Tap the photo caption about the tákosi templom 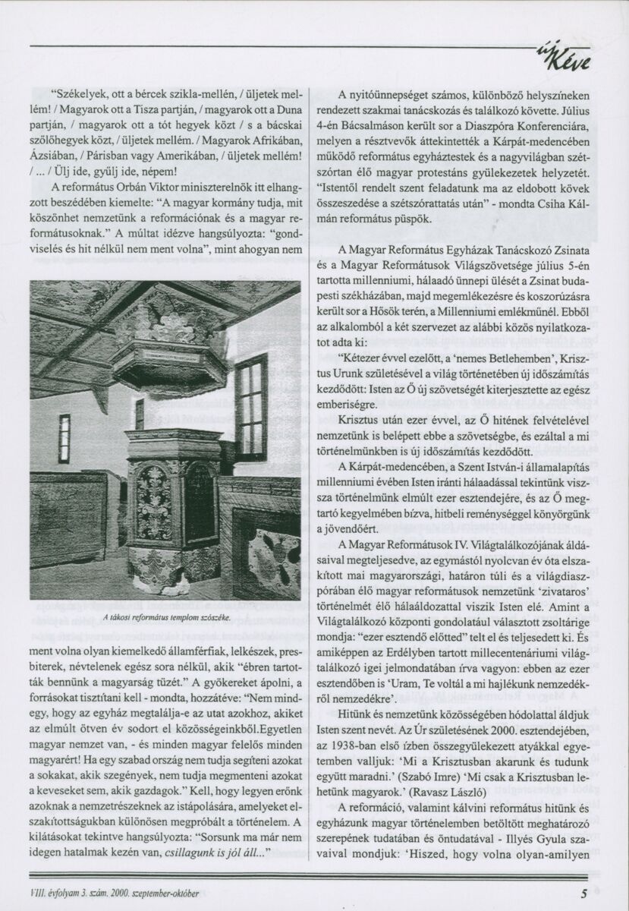167,616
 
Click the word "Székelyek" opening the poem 82,96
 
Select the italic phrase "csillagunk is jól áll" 224,853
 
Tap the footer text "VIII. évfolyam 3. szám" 80,894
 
